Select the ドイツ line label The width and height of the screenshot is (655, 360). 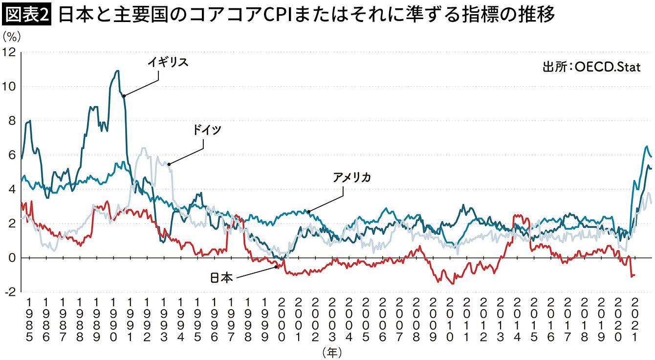pos(207,130)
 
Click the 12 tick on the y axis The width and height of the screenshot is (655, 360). pos(9,52)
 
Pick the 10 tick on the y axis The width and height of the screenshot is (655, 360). pos(9,86)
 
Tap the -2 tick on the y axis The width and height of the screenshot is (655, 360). pos(9,292)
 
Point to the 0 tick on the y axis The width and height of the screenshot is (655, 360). pos(12,258)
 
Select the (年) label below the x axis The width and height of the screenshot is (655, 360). pos(332,351)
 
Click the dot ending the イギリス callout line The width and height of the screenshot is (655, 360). pos(124,96)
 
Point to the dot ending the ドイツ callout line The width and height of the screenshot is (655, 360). pos(169,164)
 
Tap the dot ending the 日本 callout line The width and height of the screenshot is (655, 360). pos(276,267)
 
